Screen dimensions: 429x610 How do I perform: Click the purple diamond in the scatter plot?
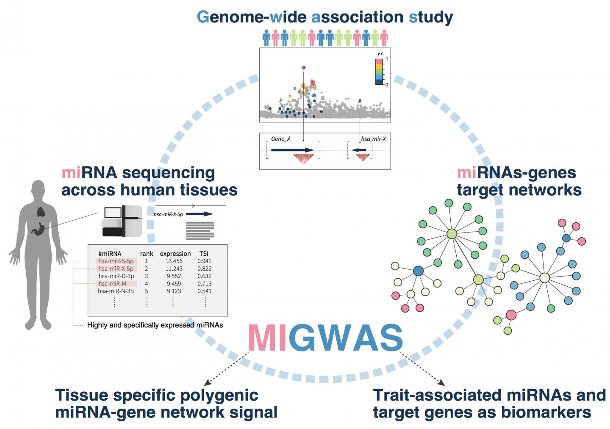[303, 68]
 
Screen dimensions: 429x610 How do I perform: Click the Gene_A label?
[281, 139]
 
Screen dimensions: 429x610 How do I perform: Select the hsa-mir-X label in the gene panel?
[373, 139]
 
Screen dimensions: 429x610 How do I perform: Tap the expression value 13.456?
[174, 261]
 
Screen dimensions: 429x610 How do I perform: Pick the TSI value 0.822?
[204, 269]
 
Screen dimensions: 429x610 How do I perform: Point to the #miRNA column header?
[110, 254]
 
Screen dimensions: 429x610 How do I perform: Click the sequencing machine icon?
[122, 221]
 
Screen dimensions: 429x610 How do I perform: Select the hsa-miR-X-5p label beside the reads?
[168, 214]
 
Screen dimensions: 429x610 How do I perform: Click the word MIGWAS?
[325, 338]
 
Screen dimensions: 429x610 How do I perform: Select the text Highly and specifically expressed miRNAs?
[155, 325]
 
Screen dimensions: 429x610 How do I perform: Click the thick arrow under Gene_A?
[292, 150]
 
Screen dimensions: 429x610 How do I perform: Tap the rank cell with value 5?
[147, 291]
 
